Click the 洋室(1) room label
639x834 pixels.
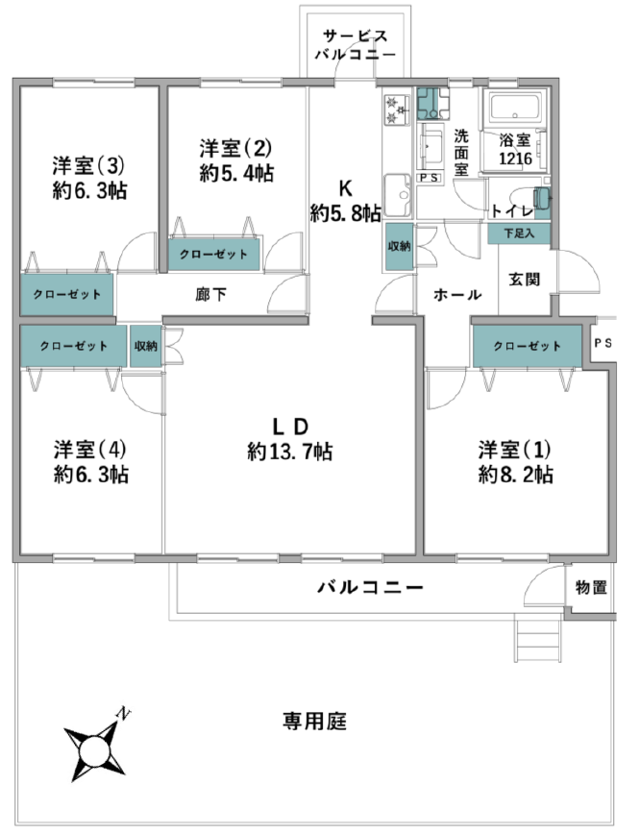pyautogui.click(x=514, y=450)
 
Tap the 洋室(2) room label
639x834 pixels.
pyautogui.click(x=235, y=148)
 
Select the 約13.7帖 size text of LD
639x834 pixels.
pyautogui.click(x=290, y=453)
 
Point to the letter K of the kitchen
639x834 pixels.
pyautogui.click(x=346, y=188)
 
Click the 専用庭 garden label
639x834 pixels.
pyautogui.click(x=314, y=722)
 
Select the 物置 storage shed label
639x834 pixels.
pyautogui.click(x=591, y=587)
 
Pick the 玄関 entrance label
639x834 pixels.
pyautogui.click(x=525, y=279)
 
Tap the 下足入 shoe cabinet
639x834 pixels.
pyautogui.click(x=519, y=233)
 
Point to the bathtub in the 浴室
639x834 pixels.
pyautogui.click(x=515, y=108)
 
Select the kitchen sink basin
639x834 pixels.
pyautogui.click(x=398, y=195)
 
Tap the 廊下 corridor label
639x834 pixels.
pyautogui.click(x=210, y=294)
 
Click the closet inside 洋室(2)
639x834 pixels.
pyautogui.click(x=214, y=255)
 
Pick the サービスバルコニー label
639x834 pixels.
pyautogui.click(x=356, y=45)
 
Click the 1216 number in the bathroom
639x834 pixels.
pyautogui.click(x=515, y=159)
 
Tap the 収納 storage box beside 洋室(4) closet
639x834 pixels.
pyautogui.click(x=145, y=346)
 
